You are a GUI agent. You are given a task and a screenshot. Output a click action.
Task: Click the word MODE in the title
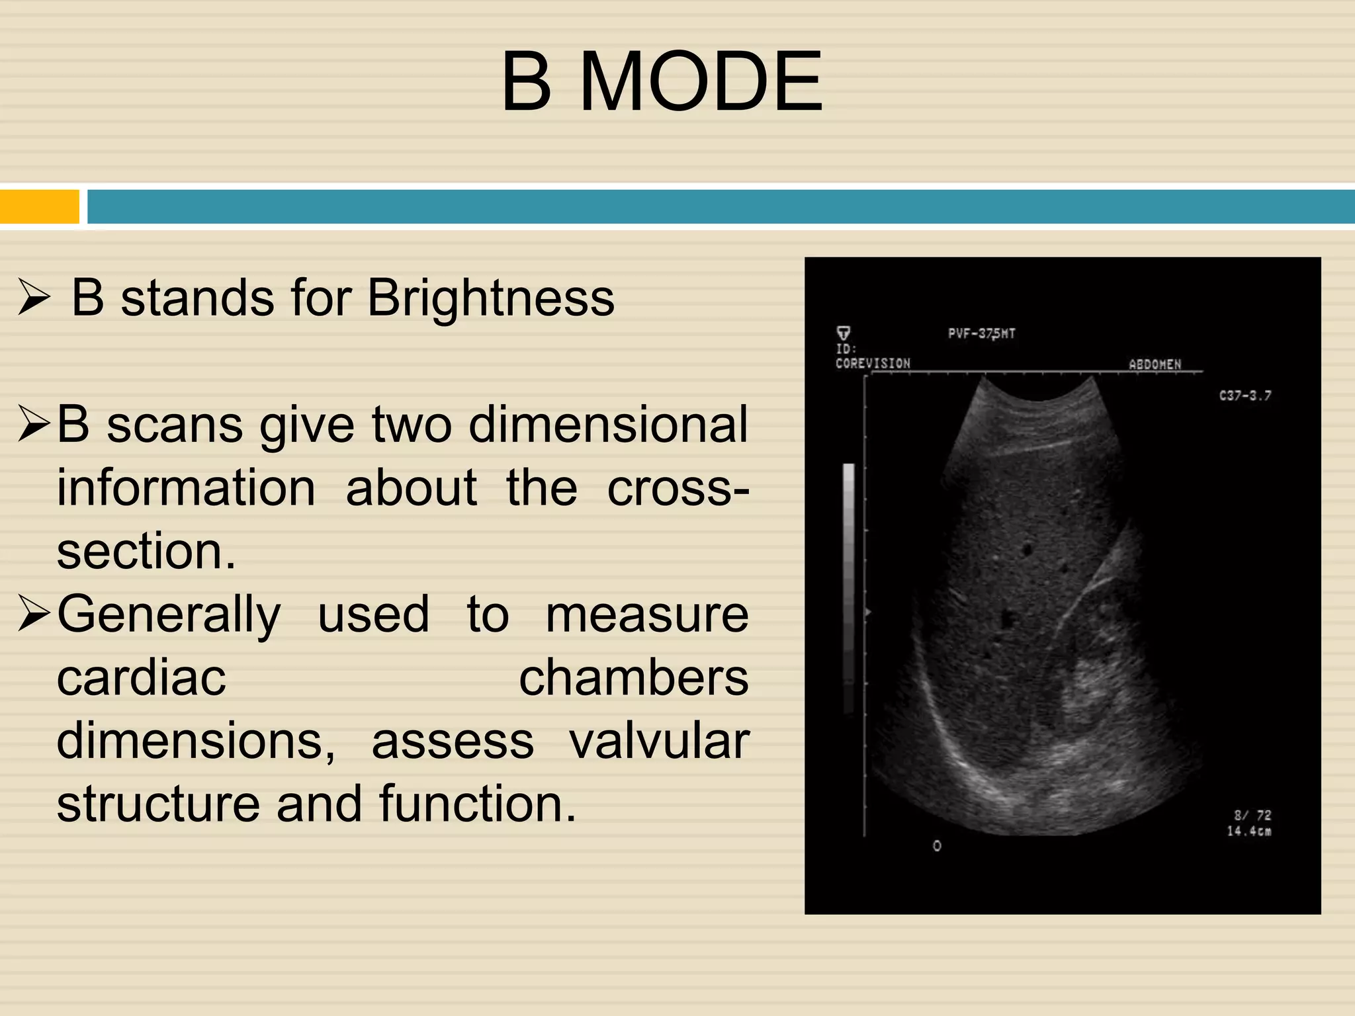[701, 82]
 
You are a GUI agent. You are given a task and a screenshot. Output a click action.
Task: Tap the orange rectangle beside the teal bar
[40, 206]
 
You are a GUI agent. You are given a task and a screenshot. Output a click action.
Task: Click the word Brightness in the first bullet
[490, 298]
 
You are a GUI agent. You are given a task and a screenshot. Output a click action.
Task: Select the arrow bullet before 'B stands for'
[34, 298]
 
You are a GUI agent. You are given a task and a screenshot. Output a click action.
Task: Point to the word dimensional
[608, 425]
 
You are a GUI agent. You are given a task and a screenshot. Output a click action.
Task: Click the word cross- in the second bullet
[677, 488]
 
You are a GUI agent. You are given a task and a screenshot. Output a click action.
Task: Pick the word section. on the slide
[146, 551]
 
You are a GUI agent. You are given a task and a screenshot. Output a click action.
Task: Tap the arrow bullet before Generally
[34, 614]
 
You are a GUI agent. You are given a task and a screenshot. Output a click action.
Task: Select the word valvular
[659, 741]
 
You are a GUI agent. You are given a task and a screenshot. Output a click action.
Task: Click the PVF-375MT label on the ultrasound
[981, 333]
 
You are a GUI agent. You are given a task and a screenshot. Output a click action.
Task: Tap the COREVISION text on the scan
[873, 363]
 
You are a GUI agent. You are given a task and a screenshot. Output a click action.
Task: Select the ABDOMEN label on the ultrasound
[1155, 364]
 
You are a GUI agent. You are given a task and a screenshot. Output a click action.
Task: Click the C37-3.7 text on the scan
[1245, 396]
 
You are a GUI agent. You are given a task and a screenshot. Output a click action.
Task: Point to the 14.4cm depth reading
[1248, 831]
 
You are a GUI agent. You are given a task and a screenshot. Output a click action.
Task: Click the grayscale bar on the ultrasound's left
[848, 589]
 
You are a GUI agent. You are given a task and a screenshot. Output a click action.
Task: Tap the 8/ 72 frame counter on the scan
[1252, 815]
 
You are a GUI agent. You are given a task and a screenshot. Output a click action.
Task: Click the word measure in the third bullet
[646, 614]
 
